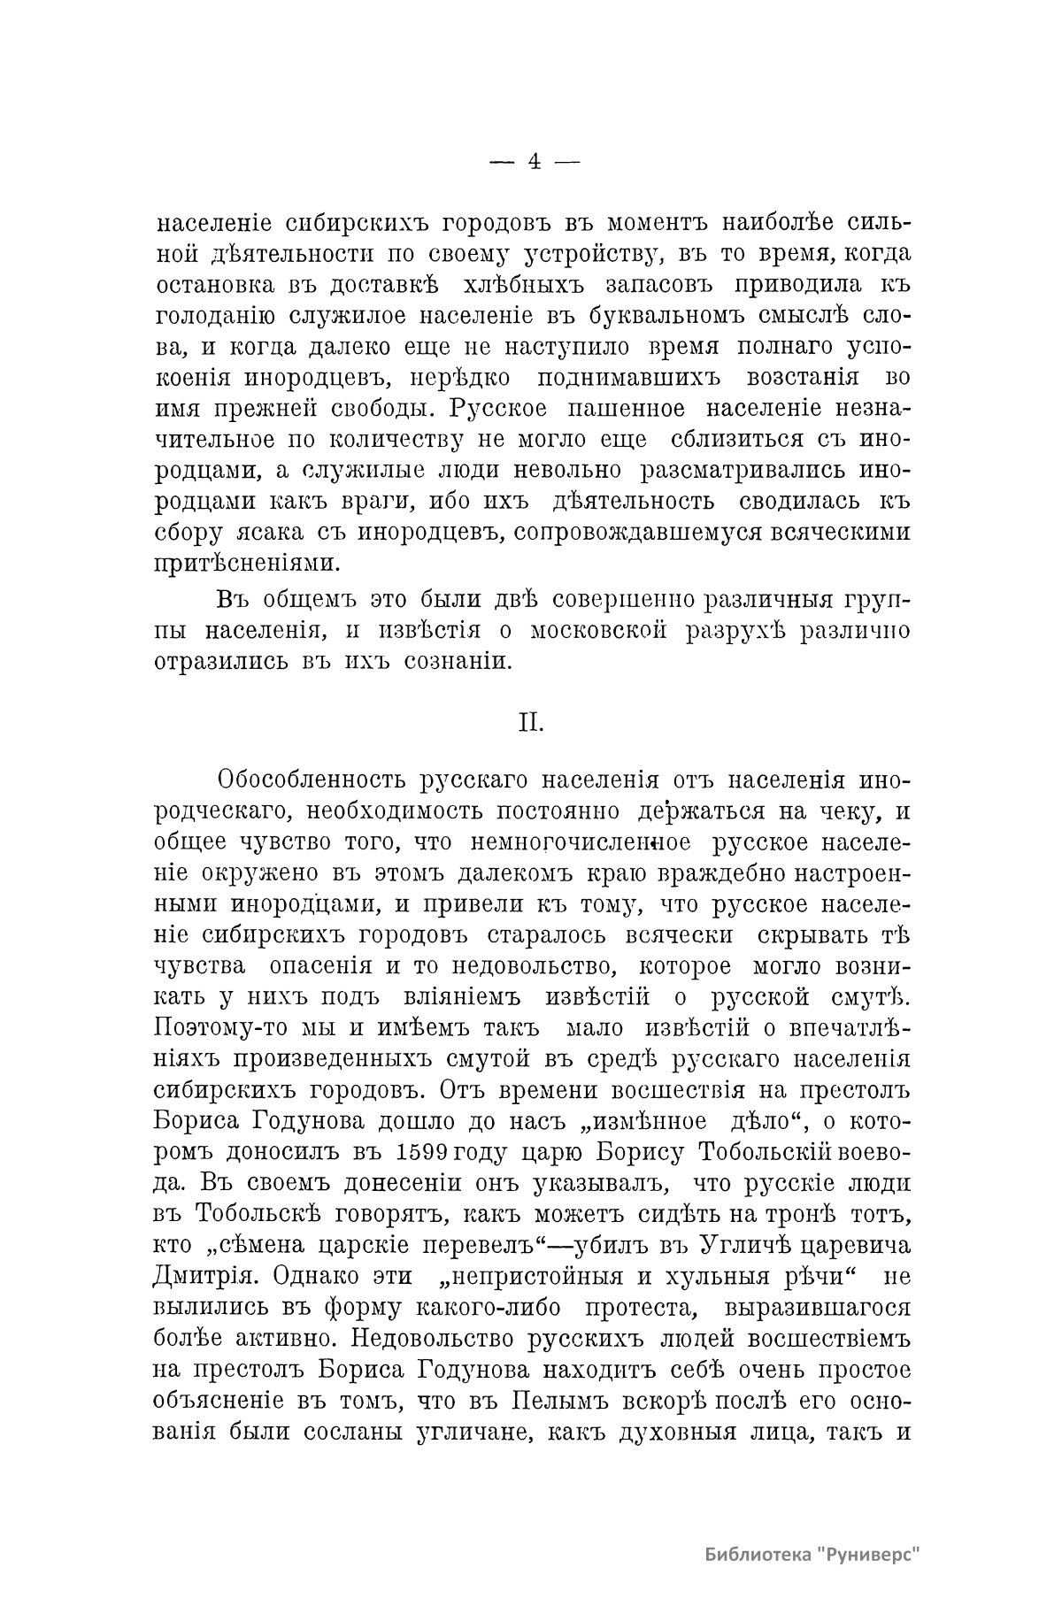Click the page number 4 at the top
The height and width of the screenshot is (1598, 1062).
coord(534,161)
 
